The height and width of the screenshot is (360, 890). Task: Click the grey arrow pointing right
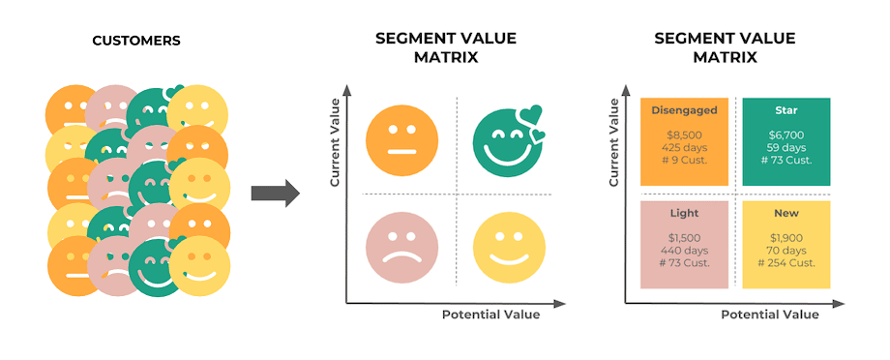[275, 194]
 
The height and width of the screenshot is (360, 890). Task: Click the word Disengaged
[683, 110]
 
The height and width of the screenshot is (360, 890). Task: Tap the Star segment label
[786, 110]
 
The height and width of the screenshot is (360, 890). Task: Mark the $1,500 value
[683, 238]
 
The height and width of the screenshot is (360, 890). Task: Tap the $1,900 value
[786, 238]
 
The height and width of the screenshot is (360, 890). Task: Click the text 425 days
[683, 149]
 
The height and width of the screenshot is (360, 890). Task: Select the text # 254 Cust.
[786, 263]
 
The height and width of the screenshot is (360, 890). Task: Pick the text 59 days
[786, 149]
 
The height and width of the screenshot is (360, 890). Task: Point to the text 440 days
[683, 251]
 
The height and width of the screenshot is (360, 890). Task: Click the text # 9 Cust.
[683, 162]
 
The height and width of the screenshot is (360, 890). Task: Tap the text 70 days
[786, 251]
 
